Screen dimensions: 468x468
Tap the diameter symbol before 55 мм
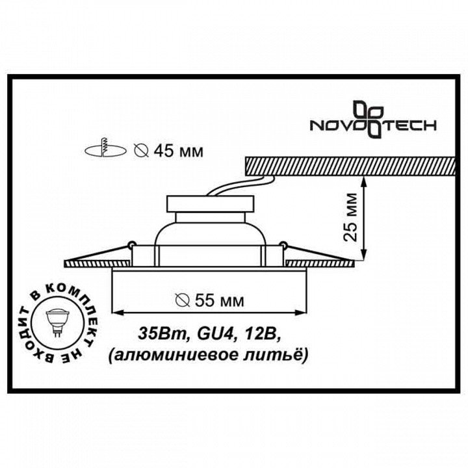[x=183, y=300]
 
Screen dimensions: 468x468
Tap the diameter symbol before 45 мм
[x=139, y=151]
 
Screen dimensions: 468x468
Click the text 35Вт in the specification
[x=157, y=335]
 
